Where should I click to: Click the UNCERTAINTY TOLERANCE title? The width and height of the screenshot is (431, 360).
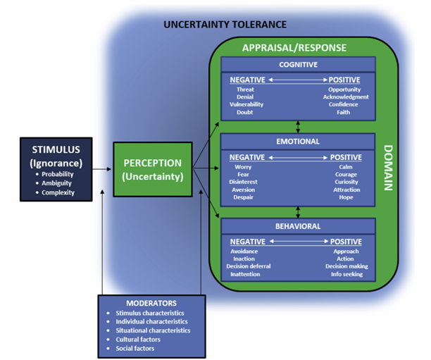click(225, 24)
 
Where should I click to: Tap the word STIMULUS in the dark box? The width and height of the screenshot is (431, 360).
click(57, 149)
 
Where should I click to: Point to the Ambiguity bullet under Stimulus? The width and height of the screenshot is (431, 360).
click(58, 183)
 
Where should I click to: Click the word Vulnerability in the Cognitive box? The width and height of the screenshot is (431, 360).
click(246, 104)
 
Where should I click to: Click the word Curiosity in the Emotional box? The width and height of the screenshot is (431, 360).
click(346, 182)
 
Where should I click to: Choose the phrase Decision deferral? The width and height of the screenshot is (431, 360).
click(248, 266)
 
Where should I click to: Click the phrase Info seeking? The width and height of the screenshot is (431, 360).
click(346, 274)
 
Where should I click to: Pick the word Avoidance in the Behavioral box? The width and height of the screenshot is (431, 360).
click(244, 252)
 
